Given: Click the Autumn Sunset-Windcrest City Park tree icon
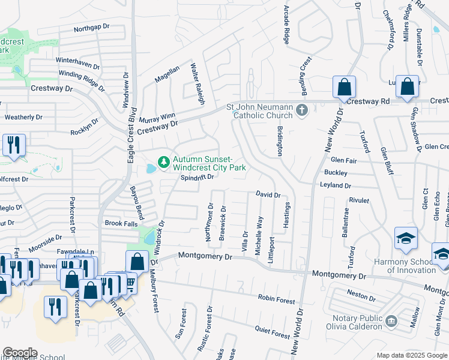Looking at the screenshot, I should (162, 162).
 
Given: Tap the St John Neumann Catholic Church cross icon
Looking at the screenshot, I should (302, 110).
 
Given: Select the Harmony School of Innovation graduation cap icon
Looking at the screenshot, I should (406, 239).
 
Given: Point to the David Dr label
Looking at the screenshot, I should (268, 195).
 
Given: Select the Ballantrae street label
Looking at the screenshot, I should (345, 223).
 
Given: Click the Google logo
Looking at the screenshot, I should (20, 353).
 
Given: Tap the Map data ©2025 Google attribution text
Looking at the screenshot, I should (411, 355).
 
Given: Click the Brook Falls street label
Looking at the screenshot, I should (122, 223).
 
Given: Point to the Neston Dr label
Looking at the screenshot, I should (361, 296).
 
